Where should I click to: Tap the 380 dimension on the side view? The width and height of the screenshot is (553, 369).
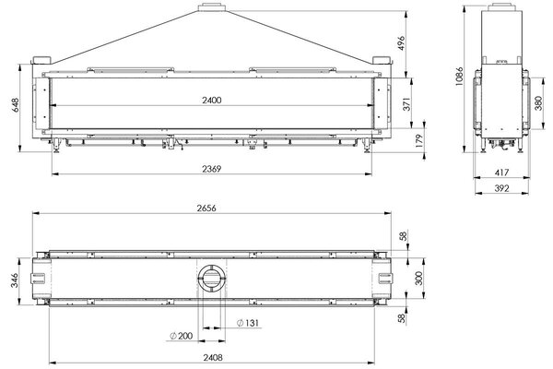point(538,103)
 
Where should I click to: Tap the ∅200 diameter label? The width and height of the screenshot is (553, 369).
point(181,335)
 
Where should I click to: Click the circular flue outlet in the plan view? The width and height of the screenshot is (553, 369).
point(210,278)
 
